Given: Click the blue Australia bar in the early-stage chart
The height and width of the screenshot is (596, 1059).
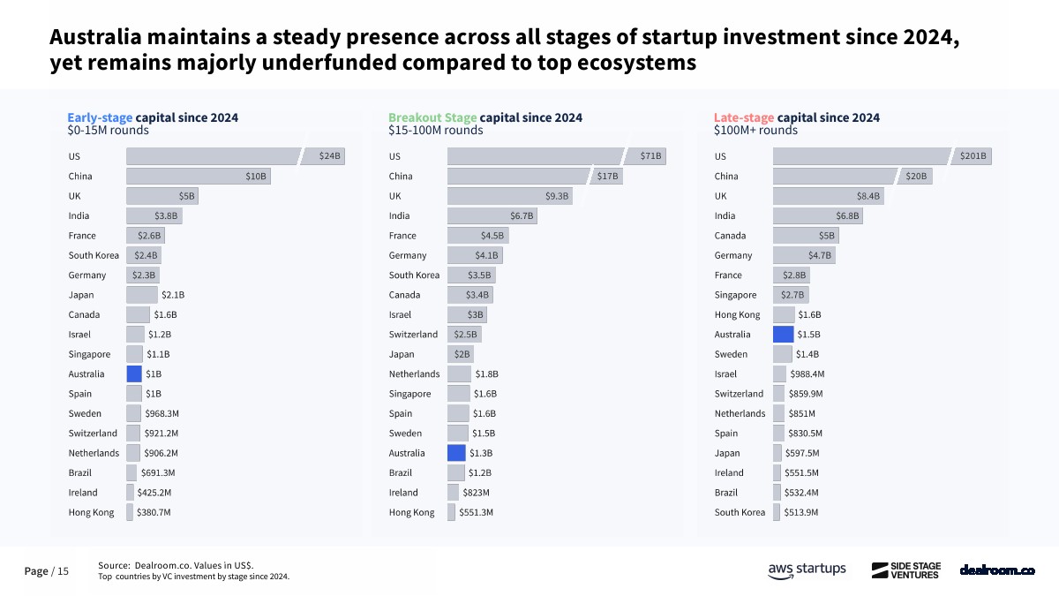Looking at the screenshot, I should [134, 373].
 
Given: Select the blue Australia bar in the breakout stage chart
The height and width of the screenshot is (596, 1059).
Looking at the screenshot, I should [456, 453].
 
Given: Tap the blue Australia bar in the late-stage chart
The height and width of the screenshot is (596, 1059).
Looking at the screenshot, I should [784, 335].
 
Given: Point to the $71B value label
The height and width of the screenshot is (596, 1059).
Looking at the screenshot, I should [651, 156].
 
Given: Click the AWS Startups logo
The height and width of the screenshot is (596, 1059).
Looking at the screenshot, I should [807, 570].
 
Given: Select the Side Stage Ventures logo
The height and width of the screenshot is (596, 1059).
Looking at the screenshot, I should [906, 570].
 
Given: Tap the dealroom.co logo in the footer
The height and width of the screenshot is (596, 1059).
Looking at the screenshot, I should [997, 570].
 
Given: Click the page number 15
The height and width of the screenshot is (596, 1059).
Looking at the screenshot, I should [63, 571].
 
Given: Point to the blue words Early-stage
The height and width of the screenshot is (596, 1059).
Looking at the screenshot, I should [101, 117].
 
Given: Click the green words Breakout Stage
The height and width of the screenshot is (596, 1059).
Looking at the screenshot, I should [432, 117].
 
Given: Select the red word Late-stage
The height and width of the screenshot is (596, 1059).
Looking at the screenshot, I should [744, 117].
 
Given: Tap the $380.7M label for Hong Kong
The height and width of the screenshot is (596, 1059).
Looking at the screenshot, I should [154, 512].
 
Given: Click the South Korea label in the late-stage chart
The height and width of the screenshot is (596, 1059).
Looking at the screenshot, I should [740, 512].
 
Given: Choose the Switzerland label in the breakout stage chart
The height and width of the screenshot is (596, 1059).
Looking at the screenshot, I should [413, 335].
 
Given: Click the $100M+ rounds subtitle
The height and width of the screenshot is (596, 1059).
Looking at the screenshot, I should [755, 131].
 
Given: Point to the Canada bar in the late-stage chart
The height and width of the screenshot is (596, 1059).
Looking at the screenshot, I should [805, 236].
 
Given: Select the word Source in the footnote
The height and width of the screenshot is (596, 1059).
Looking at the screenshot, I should [113, 565].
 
